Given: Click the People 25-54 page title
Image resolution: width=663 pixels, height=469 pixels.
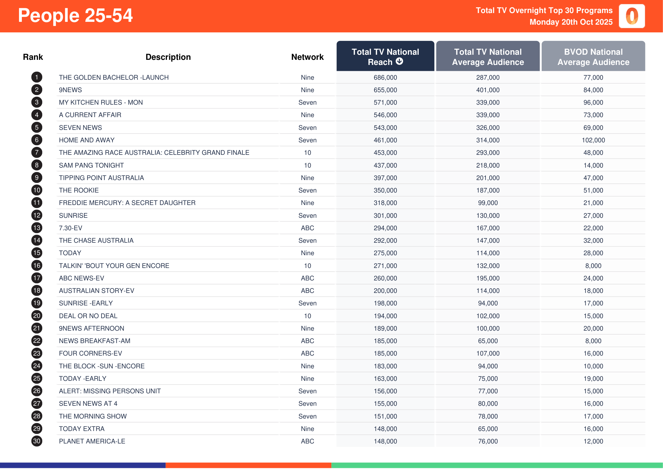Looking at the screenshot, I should pos(75,16).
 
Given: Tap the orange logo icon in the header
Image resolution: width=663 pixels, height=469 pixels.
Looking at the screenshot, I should pos(632,16).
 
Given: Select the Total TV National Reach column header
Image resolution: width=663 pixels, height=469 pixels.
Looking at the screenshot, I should pos(385,57).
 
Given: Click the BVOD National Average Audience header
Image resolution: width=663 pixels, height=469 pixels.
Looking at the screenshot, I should pos(593,57).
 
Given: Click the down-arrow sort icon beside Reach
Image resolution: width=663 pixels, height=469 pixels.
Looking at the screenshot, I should pos(399,61).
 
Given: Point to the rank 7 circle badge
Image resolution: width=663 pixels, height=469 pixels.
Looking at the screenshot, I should pos(37,153).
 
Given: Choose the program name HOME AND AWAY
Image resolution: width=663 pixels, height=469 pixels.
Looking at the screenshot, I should pos(87,140).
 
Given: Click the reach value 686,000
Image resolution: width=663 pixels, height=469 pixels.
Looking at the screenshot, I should pos(385,77).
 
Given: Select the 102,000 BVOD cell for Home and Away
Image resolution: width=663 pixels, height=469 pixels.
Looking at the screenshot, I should pos(593,140).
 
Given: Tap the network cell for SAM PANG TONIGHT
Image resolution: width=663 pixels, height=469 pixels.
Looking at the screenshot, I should pos(307,165).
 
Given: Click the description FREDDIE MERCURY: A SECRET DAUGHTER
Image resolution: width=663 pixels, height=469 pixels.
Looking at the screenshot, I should pos(127,203).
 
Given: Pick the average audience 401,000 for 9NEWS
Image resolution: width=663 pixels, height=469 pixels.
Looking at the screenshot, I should pos(488,90).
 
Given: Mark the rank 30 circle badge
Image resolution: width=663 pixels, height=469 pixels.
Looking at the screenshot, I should pos(37,441).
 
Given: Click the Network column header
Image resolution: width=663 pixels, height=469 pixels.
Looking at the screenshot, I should pos(307,57).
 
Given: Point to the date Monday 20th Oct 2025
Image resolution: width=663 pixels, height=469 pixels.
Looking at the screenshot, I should pos(571,22).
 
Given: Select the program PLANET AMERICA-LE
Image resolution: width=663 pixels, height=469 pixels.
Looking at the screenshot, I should pos(92,441).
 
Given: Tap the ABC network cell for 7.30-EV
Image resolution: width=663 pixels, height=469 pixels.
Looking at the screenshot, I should pos(307,228).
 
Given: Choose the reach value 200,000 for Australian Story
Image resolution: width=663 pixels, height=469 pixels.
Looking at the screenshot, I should pos(385,291).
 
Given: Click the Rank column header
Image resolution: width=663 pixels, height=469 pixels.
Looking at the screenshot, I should pos(33,57).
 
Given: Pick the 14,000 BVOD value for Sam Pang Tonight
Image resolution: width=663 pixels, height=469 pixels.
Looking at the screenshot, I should pos(593,165).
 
